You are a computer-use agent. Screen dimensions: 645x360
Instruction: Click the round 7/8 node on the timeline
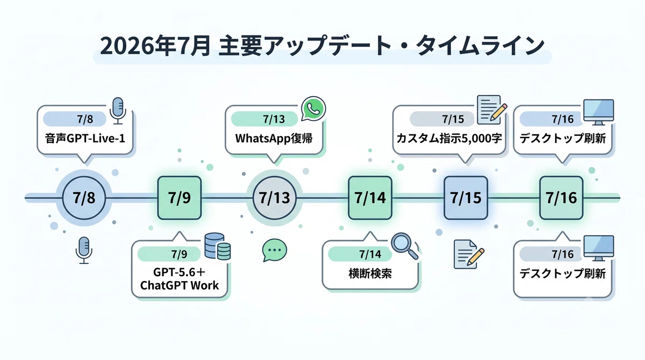(84, 198)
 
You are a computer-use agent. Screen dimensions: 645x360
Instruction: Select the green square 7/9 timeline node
(180, 198)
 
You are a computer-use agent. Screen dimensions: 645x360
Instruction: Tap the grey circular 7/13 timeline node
(275, 198)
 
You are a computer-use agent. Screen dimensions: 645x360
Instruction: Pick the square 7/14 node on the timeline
(370, 198)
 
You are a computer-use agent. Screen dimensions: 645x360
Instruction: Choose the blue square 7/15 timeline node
(465, 198)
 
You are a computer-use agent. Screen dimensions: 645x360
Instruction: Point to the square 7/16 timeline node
(561, 198)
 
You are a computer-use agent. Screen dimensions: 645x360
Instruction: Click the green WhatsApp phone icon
(313, 109)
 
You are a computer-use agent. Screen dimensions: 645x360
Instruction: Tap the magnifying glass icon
(405, 246)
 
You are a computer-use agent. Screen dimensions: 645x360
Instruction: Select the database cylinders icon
(217, 246)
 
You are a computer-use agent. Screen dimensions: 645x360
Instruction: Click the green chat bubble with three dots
(275, 250)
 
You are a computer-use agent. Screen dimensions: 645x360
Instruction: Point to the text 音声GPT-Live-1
(85, 139)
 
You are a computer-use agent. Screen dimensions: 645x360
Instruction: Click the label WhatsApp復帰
(274, 139)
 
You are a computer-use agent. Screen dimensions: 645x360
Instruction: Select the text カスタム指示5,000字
(449, 139)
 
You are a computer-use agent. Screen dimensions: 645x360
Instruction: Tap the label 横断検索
(370, 273)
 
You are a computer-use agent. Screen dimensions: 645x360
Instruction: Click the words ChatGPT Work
(180, 285)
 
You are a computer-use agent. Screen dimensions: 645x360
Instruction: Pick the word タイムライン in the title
(481, 46)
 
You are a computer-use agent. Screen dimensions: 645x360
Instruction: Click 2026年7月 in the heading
(155, 46)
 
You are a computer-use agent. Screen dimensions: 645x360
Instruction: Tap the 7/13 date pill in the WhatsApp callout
(264, 119)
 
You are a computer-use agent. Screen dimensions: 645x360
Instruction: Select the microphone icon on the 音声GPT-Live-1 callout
(118, 111)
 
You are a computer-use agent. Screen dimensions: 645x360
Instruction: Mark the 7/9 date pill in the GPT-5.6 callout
(169, 254)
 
